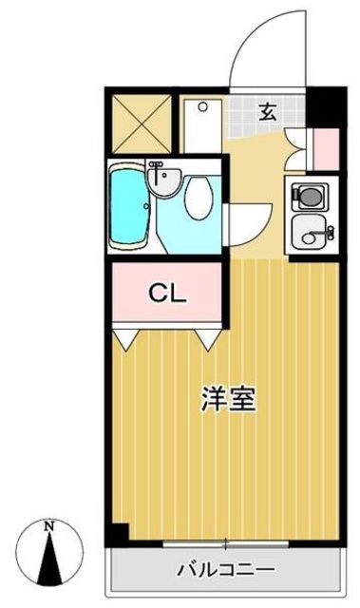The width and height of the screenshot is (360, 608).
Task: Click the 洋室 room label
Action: [227, 399]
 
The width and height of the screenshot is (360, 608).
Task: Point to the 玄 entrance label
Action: [270, 109]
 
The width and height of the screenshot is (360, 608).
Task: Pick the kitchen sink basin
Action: [310, 231]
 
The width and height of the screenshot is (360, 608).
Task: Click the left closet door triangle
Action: [125, 337]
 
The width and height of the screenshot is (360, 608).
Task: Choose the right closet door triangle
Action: [208, 337]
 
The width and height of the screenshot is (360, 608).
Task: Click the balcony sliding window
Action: [226, 544]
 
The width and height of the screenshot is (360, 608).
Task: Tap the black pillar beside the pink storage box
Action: [327, 107]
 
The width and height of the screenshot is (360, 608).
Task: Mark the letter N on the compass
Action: [49, 525]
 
